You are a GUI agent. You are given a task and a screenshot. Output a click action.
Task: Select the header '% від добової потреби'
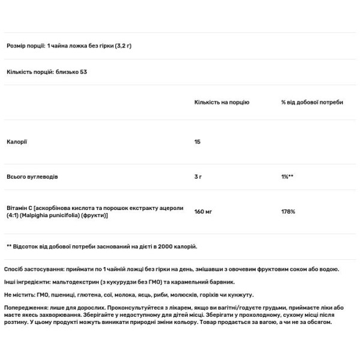click(x=312, y=103)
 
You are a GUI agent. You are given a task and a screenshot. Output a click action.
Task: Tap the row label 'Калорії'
click(x=17, y=142)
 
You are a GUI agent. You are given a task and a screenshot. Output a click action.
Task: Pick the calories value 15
click(x=197, y=142)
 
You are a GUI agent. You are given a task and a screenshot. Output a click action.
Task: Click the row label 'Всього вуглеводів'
click(x=32, y=178)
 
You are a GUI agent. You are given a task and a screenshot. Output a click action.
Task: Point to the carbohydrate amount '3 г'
click(x=199, y=178)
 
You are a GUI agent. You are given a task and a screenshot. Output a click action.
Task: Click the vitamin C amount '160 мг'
click(x=204, y=211)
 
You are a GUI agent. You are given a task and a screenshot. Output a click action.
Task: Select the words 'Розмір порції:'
click(x=25, y=46)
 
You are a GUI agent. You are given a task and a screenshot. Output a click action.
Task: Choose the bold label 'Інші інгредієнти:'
click(x=27, y=282)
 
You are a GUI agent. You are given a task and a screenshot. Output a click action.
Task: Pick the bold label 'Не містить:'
click(x=19, y=295)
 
